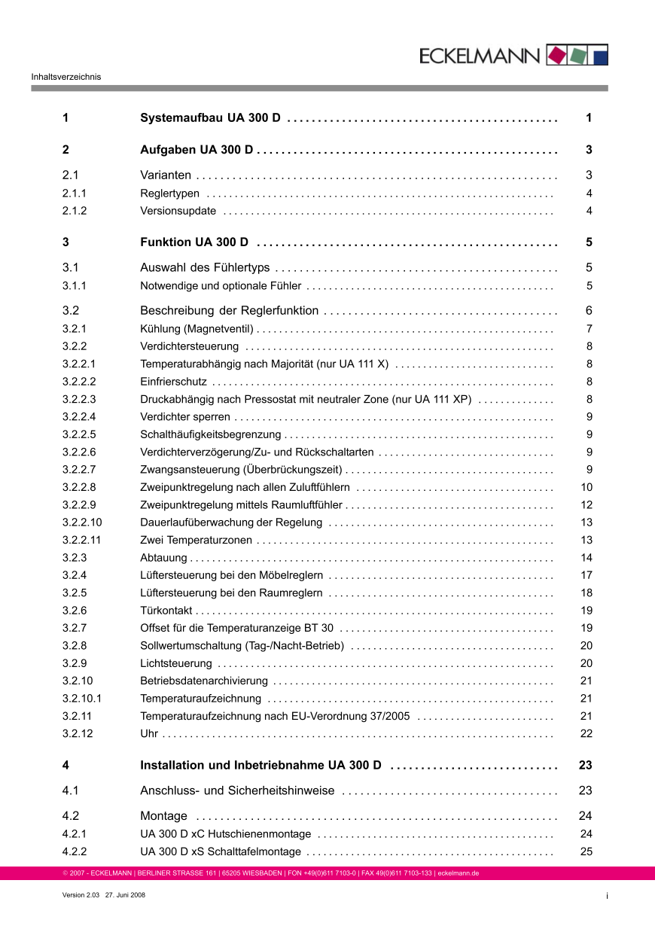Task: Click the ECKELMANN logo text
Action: click(480, 55)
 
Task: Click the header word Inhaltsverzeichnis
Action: click(66, 76)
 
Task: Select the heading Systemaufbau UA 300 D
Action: click(211, 118)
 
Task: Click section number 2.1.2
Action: click(75, 211)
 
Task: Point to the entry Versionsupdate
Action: click(178, 211)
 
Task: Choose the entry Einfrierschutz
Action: click(174, 382)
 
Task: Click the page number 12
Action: click(586, 505)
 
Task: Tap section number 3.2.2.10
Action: click(82, 522)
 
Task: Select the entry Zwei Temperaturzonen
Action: click(196, 540)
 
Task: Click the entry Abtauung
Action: click(163, 558)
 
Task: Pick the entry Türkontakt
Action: click(166, 611)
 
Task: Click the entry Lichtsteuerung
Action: click(176, 663)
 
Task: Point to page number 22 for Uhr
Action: click(586, 733)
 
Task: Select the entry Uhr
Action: click(149, 733)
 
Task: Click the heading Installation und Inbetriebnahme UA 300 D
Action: click(261, 766)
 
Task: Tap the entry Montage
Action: click(164, 816)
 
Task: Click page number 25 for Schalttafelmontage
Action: click(586, 852)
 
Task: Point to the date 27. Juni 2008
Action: click(125, 894)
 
